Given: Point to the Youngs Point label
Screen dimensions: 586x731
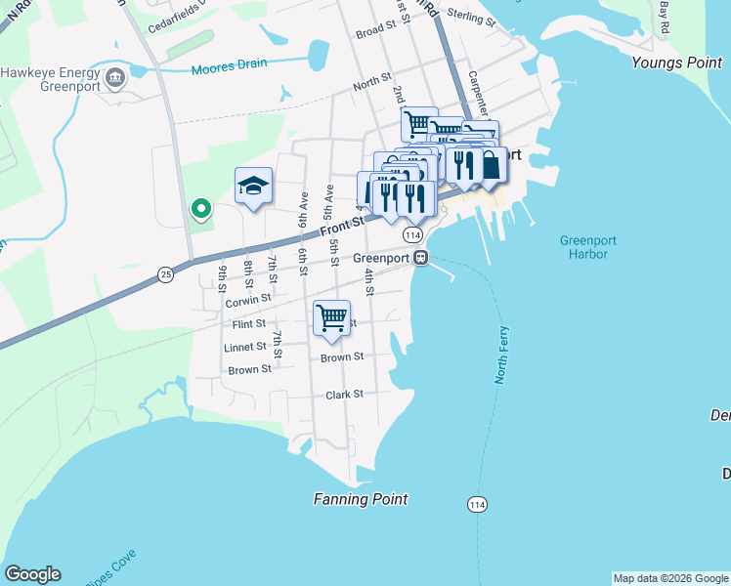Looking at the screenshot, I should tap(676, 63).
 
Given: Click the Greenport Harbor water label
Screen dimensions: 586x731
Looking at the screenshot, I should tap(583, 247).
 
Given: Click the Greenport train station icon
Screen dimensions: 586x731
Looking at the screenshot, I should tap(421, 258).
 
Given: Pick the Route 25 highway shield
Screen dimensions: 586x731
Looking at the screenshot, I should tap(165, 275).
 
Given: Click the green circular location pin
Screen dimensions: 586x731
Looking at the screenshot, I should tap(200, 208).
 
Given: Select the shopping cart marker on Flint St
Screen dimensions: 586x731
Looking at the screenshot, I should tap(331, 317).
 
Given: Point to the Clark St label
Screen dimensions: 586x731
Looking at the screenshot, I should tap(344, 395).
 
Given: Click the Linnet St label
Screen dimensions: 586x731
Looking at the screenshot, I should tap(244, 347).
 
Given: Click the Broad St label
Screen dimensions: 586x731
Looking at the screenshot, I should tap(373, 32).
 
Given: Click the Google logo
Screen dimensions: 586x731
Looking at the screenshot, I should tap(32, 574).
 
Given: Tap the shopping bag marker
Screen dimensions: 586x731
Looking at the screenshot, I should tap(490, 165).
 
